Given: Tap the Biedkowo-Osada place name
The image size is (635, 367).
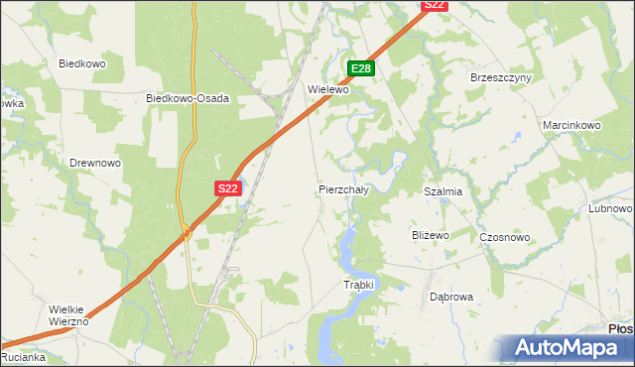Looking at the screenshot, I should pyautogui.click(x=189, y=98).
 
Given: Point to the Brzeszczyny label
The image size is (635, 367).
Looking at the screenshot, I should pyautogui.click(x=501, y=77).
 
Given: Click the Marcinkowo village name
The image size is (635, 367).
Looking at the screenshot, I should pyautogui.click(x=572, y=126).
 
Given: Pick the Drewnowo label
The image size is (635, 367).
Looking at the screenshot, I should pyautogui.click(x=95, y=162).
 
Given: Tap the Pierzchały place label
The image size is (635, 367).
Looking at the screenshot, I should pyautogui.click(x=343, y=188).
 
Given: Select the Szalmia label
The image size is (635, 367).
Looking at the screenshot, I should pyautogui.click(x=444, y=191).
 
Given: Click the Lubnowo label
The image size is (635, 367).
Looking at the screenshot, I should pyautogui.click(x=610, y=208).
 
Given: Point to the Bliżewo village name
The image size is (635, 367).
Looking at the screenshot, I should pyautogui.click(x=431, y=235).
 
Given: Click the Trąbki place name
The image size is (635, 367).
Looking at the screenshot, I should pyautogui.click(x=358, y=285).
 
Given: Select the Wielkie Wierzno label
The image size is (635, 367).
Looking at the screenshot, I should pyautogui.click(x=69, y=315).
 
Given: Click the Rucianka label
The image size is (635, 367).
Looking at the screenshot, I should pyautogui.click(x=23, y=357).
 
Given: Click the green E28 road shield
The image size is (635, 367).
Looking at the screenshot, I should pyautogui.click(x=361, y=68).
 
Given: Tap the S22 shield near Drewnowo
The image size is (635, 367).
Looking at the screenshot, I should pyautogui.click(x=227, y=187).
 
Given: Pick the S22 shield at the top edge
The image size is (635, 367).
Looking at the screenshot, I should pyautogui.click(x=435, y=5).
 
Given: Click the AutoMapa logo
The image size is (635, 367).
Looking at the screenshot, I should pyautogui.click(x=570, y=348).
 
